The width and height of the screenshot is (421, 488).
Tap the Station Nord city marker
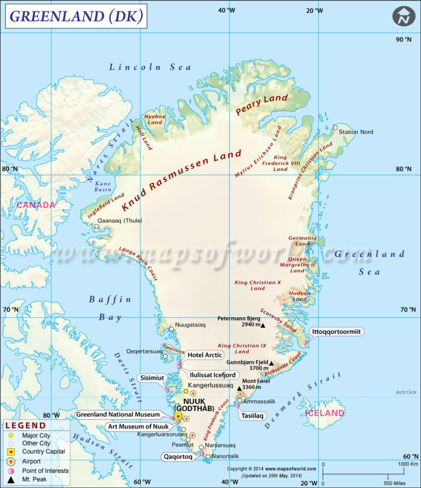point(335,127)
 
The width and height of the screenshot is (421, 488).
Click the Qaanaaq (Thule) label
point(120,220)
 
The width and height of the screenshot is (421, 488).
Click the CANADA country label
point(36,205)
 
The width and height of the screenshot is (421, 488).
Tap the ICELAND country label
point(325,413)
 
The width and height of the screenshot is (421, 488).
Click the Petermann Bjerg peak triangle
point(263,325)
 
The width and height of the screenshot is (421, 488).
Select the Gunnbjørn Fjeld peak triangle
point(272,363)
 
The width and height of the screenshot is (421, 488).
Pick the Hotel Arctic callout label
point(205,355)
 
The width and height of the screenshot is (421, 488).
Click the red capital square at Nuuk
point(178,416)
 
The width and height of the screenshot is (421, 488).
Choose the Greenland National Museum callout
point(118,414)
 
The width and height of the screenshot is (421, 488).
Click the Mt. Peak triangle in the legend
point(11,479)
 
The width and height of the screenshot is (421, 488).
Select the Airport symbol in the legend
point(11,461)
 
